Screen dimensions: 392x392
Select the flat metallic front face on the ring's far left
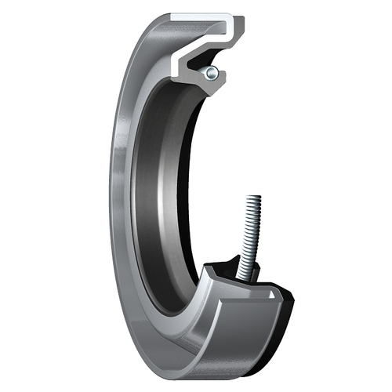click(x=118, y=196)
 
